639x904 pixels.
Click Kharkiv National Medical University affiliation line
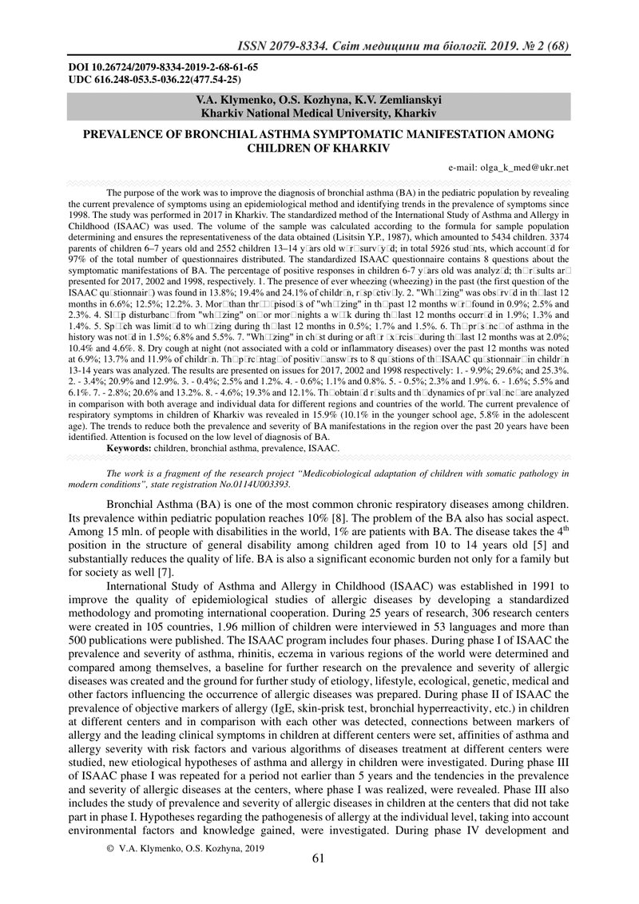point(319,113)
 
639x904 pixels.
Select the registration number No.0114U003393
point(251,484)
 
